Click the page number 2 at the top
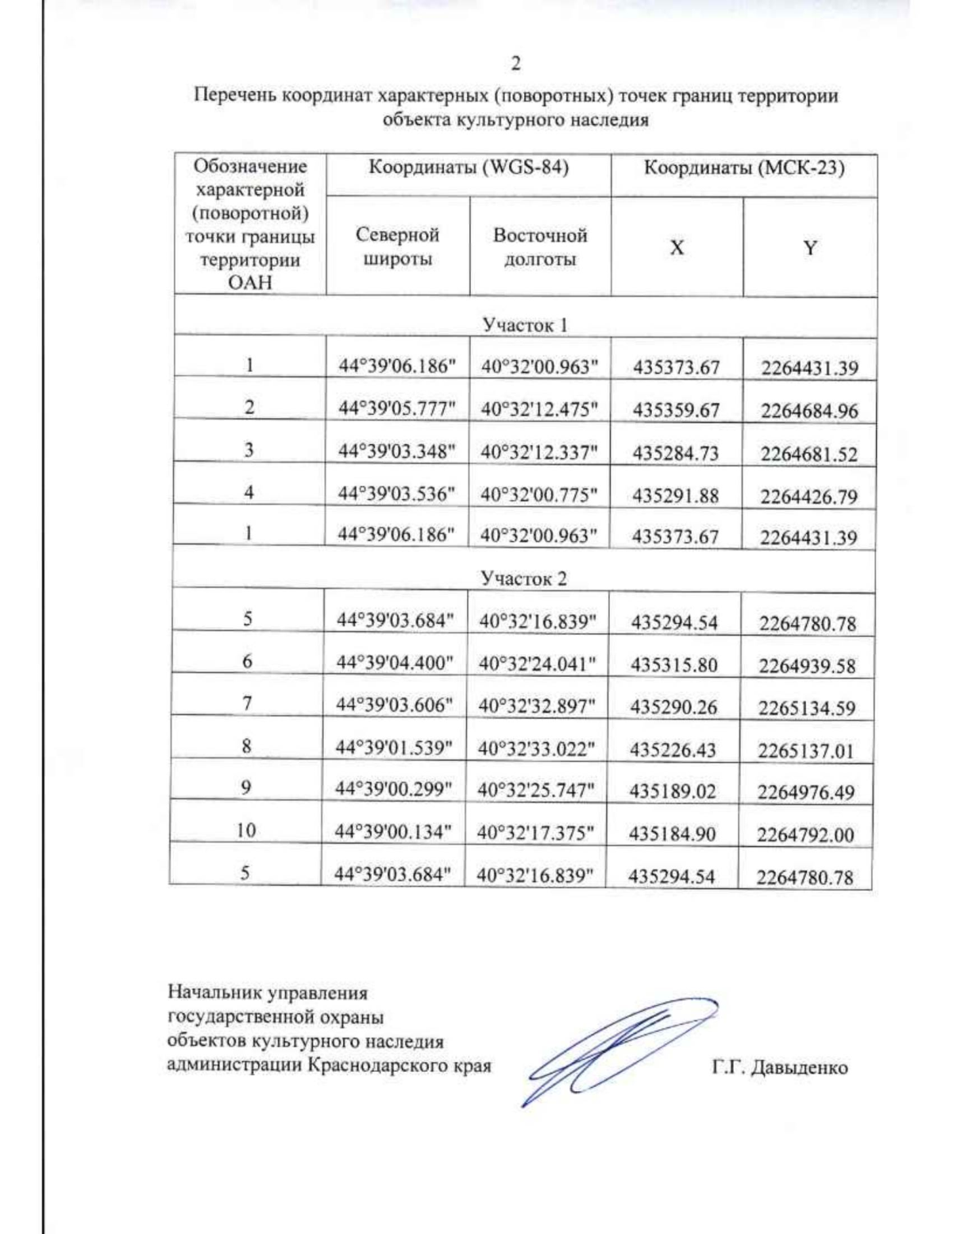click(x=516, y=64)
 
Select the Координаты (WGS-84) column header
click(x=469, y=168)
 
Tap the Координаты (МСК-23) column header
click(x=743, y=168)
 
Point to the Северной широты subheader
click(x=397, y=247)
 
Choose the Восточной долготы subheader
click(x=540, y=247)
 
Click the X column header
click(x=677, y=248)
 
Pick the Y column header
click(x=809, y=248)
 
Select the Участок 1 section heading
click(x=525, y=325)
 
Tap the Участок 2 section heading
click(x=523, y=578)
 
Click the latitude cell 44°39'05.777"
click(x=397, y=408)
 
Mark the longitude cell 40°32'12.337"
click(x=538, y=452)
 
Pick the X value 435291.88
click(x=675, y=496)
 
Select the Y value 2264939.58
click(x=807, y=666)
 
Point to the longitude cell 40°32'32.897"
click(x=537, y=706)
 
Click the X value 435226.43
click(x=673, y=749)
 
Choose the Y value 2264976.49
click(x=805, y=792)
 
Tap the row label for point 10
click(x=246, y=830)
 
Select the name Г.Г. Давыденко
click(x=779, y=1067)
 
